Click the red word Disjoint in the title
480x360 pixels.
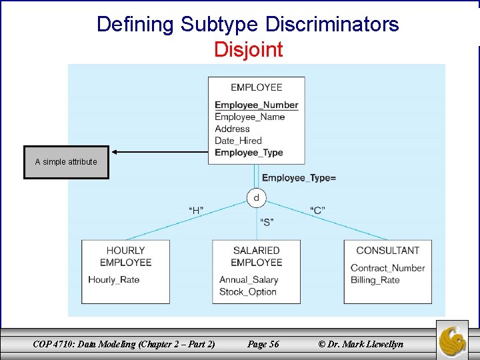click(248, 49)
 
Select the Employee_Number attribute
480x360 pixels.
click(256, 105)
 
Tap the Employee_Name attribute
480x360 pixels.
click(249, 117)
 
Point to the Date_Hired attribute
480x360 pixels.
click(238, 141)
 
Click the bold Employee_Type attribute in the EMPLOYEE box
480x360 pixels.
click(249, 153)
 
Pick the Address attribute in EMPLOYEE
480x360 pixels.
click(232, 129)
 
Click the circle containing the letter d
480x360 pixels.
click(256, 198)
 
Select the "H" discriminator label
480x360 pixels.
click(196, 211)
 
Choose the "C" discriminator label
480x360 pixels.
click(318, 211)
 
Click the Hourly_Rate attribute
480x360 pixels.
click(113, 279)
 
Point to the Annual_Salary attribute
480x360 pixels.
click(249, 279)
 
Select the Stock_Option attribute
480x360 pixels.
click(247, 291)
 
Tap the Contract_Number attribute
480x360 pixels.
click(387, 268)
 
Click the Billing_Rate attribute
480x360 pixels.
click(375, 279)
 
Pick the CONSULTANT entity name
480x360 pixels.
click(387, 251)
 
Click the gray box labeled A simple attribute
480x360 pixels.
click(66, 162)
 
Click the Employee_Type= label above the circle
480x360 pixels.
click(299, 177)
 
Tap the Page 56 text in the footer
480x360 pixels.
click(263, 344)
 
